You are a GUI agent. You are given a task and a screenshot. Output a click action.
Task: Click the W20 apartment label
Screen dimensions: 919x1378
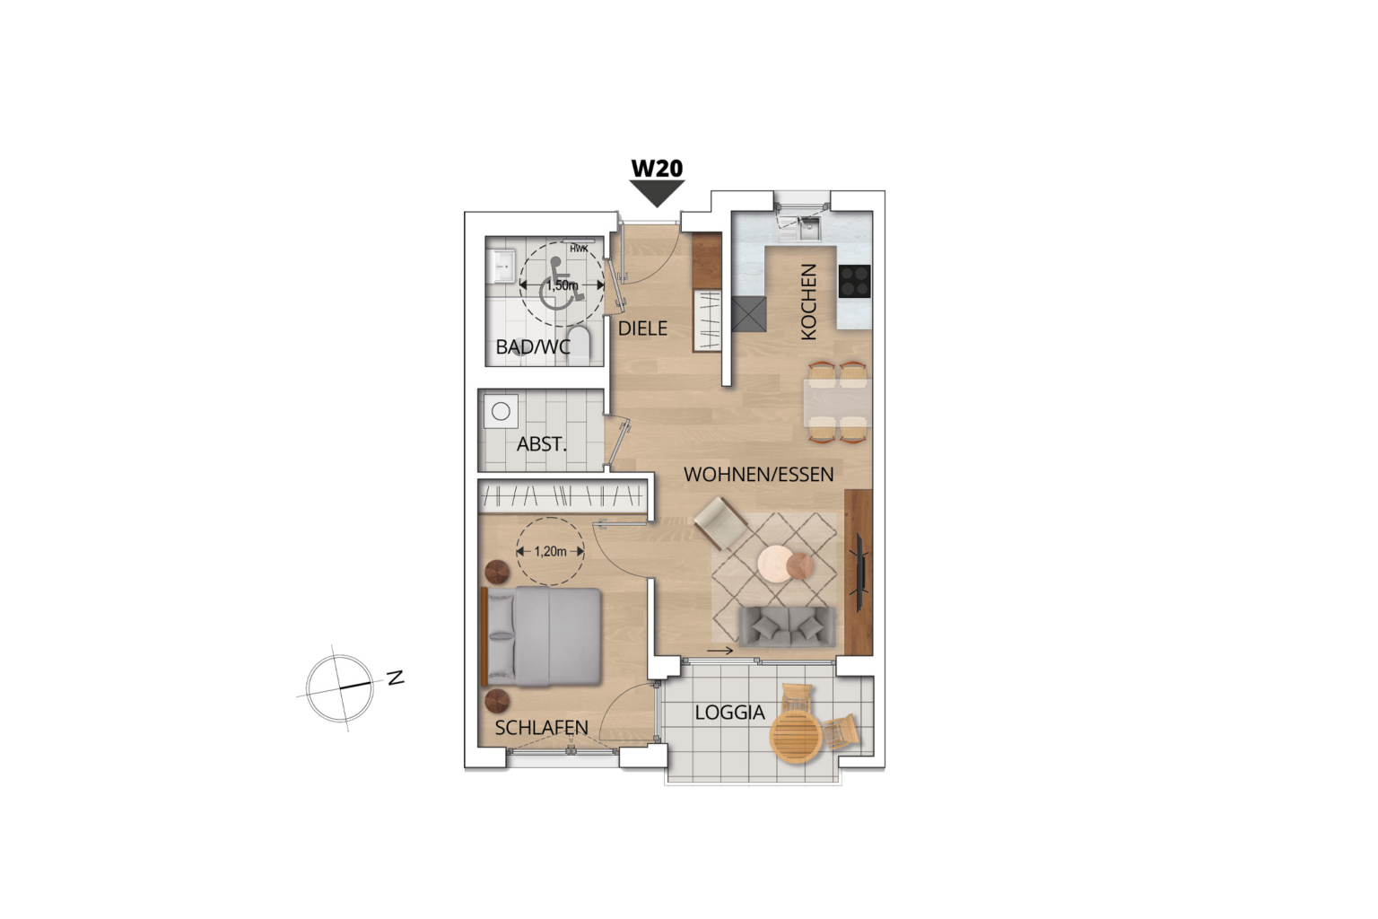657,168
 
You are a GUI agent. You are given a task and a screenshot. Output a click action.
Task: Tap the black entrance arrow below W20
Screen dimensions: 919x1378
657,192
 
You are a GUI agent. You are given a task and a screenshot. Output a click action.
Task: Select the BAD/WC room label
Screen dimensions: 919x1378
533,346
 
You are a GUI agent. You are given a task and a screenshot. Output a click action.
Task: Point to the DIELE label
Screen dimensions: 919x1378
642,328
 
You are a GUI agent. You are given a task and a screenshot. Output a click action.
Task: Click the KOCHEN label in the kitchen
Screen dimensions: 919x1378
808,302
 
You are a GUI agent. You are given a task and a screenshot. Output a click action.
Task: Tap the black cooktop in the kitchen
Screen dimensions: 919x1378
854,282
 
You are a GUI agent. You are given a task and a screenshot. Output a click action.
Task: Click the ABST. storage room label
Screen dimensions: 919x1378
542,444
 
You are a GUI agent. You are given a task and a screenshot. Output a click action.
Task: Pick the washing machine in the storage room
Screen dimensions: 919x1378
501,412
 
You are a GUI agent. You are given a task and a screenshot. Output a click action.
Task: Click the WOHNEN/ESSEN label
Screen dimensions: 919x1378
758,474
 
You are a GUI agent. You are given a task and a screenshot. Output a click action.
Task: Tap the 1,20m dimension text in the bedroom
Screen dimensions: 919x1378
550,552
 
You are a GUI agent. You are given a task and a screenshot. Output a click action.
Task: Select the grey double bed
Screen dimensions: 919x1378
542,636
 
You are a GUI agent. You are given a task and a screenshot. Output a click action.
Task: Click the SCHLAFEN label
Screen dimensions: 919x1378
541,728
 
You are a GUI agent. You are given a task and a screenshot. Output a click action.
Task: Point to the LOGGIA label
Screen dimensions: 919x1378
729,713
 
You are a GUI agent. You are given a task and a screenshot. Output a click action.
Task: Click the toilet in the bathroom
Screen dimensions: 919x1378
580,345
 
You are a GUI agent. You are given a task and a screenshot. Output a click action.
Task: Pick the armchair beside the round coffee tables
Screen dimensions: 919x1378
720,521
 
